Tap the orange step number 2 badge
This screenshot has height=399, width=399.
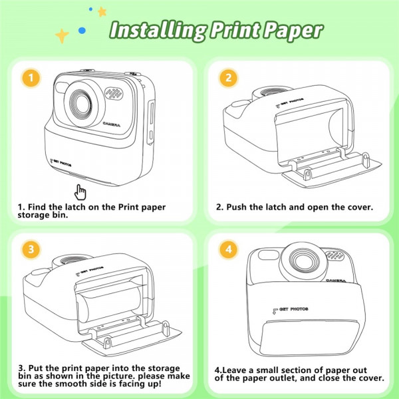coord(228,78)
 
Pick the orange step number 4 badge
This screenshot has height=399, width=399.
coord(228,250)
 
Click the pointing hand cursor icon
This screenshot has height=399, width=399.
coord(80,192)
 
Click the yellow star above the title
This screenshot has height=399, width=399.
coord(102,11)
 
